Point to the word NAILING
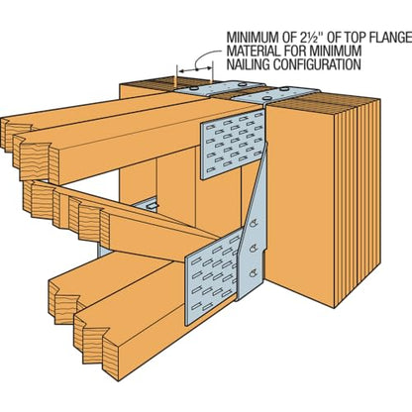[x=248, y=64]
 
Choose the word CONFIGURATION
[x=317, y=64]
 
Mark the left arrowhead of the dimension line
[x=181, y=70]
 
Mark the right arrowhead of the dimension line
[x=208, y=68]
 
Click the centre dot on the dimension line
[x=196, y=69]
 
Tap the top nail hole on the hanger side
[x=254, y=223]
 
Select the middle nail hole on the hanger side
[x=254, y=248]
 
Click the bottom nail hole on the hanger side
[x=254, y=272]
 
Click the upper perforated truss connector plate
[x=233, y=145]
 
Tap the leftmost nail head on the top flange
[x=194, y=88]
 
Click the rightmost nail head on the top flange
[x=284, y=89]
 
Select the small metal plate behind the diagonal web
[x=148, y=205]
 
